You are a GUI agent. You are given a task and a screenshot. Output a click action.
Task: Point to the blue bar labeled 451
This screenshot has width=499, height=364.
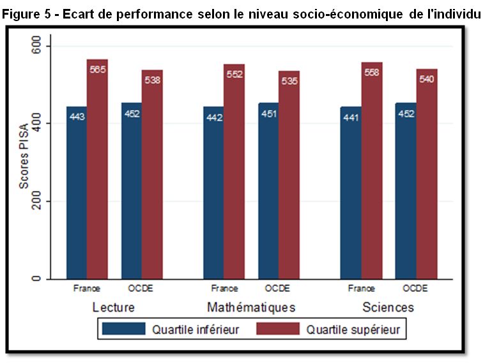tap(268, 191)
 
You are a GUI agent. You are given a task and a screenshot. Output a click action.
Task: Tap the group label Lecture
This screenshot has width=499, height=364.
tap(114, 307)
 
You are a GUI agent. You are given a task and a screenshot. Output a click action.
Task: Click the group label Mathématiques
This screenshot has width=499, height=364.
tap(251, 307)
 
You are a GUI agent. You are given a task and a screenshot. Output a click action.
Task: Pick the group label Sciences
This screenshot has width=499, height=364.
tap(388, 307)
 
